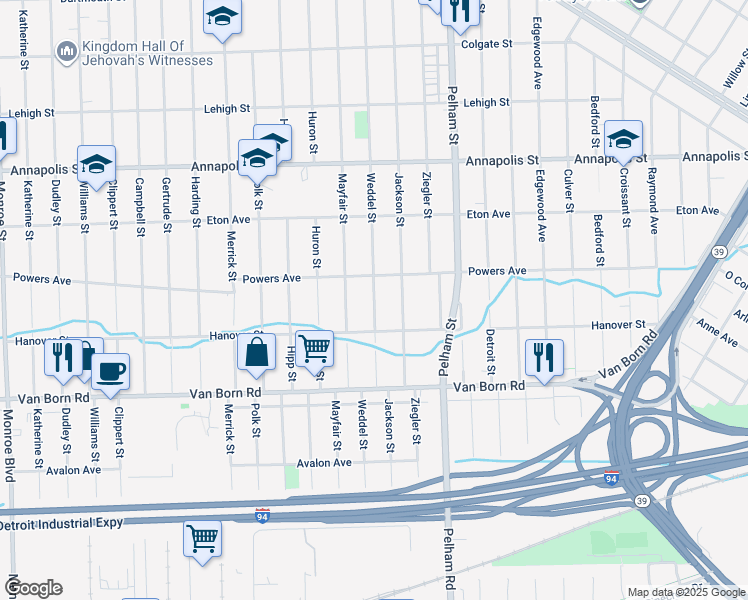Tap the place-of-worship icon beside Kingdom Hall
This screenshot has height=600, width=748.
pos(66,50)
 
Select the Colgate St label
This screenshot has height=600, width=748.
pos(486,44)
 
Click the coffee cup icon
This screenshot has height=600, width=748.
pos(110,370)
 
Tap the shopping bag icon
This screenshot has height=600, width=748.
pos(257,351)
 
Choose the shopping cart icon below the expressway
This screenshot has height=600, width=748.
pos(202,539)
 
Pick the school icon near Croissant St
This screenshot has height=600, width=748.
pos(622,139)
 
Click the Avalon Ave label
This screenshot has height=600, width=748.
pos(324,463)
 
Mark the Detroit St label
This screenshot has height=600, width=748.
pos(490,351)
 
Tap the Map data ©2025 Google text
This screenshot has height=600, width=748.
pos(686,592)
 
